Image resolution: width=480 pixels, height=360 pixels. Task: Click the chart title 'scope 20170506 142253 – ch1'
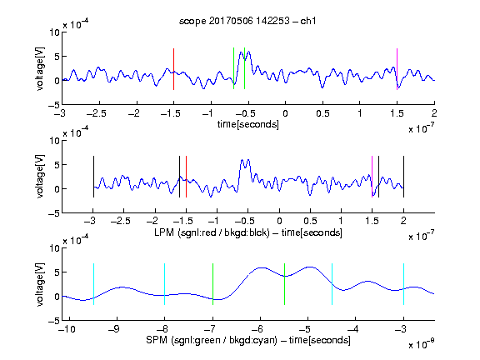click(x=247, y=21)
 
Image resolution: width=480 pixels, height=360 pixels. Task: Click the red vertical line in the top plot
click(x=173, y=69)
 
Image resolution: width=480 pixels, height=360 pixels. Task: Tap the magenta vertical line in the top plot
click(x=397, y=69)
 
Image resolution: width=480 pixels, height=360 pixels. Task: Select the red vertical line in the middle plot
click(x=186, y=177)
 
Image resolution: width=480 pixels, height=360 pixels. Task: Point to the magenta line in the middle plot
click(x=372, y=177)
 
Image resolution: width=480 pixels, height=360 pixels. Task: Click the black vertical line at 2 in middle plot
click(x=403, y=177)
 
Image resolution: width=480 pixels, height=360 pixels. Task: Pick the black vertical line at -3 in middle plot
click(x=93, y=177)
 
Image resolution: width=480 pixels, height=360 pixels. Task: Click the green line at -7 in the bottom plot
click(x=212, y=284)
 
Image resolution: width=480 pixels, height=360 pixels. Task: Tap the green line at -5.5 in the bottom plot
click(x=284, y=284)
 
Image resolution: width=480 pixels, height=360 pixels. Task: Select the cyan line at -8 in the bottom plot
click(x=164, y=284)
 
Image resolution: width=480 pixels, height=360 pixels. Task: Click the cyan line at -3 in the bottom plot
click(x=403, y=284)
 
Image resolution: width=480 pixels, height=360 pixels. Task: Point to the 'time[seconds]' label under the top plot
click(x=248, y=124)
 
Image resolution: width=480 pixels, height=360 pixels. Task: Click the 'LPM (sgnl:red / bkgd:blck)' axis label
click(x=212, y=232)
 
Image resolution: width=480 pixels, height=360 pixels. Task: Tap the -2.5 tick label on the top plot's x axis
click(x=97, y=113)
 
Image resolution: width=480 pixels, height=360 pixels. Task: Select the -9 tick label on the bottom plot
click(x=114, y=329)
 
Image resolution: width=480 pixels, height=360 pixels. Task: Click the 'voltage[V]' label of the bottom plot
click(x=40, y=284)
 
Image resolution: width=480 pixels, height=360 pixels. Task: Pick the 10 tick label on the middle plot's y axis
click(x=55, y=141)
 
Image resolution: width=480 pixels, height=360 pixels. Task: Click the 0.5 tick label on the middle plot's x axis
click(x=310, y=221)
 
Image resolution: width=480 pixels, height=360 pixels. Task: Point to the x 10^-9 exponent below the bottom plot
click(x=422, y=344)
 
